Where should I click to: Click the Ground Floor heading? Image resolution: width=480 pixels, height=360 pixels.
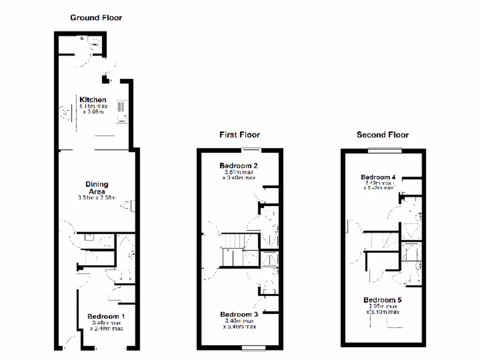[x=96, y=18]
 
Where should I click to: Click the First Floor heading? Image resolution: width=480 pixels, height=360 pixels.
[x=240, y=135]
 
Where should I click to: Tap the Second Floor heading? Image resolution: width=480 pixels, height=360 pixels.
[x=382, y=135]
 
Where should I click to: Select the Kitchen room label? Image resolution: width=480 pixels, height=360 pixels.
[x=93, y=99]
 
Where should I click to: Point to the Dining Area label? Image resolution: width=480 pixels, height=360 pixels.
[x=97, y=187]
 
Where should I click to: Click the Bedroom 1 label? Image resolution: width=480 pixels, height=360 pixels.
[x=106, y=316]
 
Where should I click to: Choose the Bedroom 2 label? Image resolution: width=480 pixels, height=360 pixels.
[x=239, y=165]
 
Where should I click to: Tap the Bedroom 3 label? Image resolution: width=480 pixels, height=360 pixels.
[x=239, y=314]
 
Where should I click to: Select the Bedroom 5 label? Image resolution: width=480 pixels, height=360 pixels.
[x=382, y=300]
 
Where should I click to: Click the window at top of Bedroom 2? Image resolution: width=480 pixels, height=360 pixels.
[x=252, y=150]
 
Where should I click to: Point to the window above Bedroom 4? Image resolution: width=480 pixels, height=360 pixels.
[x=385, y=150]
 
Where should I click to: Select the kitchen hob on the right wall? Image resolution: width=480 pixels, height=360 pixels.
[x=121, y=111]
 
